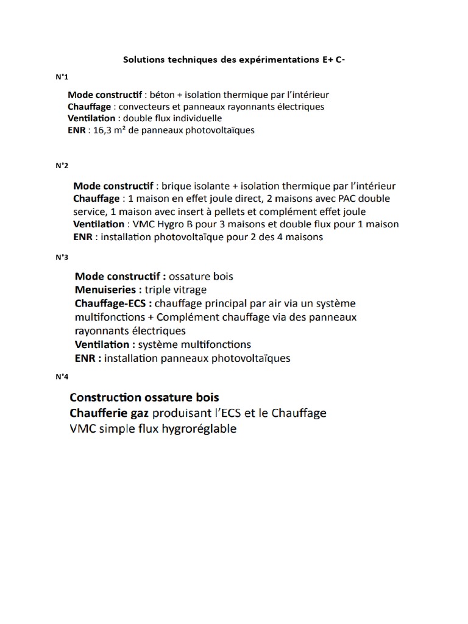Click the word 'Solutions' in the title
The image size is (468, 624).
[143, 60]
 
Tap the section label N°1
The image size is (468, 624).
[62, 77]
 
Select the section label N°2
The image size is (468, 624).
[62, 166]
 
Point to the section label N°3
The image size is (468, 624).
[62, 257]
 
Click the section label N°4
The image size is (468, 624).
[62, 377]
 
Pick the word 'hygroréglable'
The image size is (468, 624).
[197, 429]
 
